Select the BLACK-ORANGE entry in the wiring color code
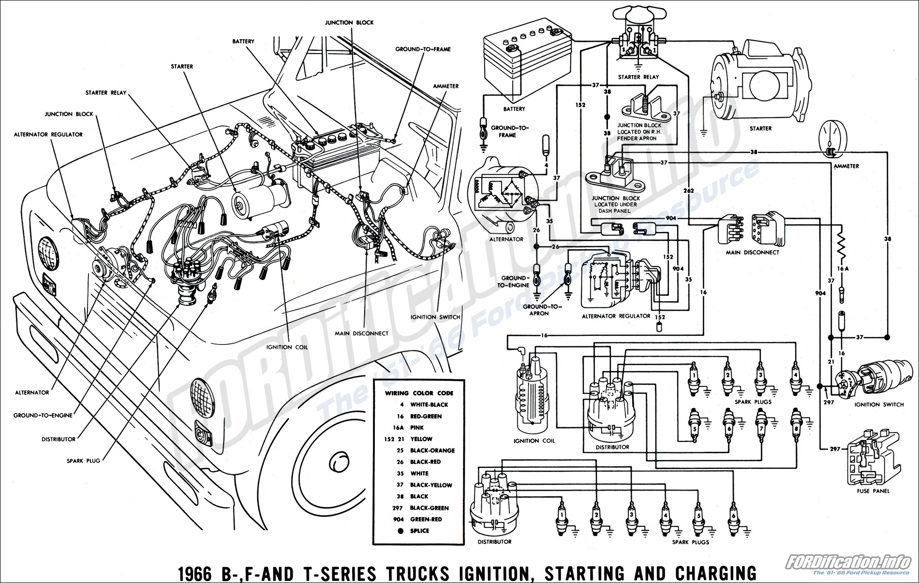coord(432,450)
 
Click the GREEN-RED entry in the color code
coord(426,519)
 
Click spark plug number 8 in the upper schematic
coord(795,426)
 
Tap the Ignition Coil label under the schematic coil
coord(534,441)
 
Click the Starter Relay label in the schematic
coord(638,77)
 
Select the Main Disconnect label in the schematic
coord(752,252)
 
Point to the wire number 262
coord(689,191)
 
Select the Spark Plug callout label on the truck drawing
coord(83,461)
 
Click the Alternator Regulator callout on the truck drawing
coord(48,134)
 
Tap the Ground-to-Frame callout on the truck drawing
coord(423,49)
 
